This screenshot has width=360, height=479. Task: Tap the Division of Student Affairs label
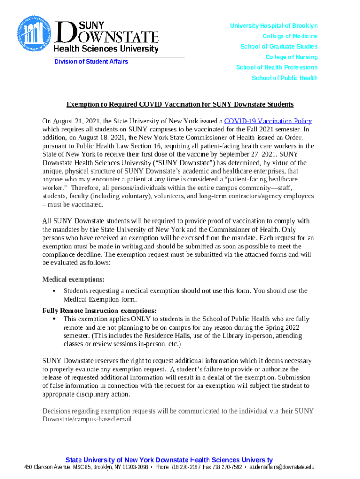(x=91, y=62)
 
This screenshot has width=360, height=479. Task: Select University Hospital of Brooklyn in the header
(x=274, y=26)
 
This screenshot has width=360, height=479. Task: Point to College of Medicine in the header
(x=290, y=36)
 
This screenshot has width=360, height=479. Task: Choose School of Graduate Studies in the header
(x=279, y=46)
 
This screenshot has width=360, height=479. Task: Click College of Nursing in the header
(x=291, y=57)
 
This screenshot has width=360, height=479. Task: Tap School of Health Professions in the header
(x=277, y=67)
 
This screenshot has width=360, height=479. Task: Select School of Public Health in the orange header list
(x=285, y=78)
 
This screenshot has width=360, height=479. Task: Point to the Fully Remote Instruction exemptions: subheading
(x=100, y=311)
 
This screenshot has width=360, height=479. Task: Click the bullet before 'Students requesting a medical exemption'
(x=54, y=291)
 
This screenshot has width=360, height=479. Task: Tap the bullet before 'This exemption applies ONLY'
(x=54, y=319)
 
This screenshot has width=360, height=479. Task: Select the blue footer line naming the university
(x=169, y=460)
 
